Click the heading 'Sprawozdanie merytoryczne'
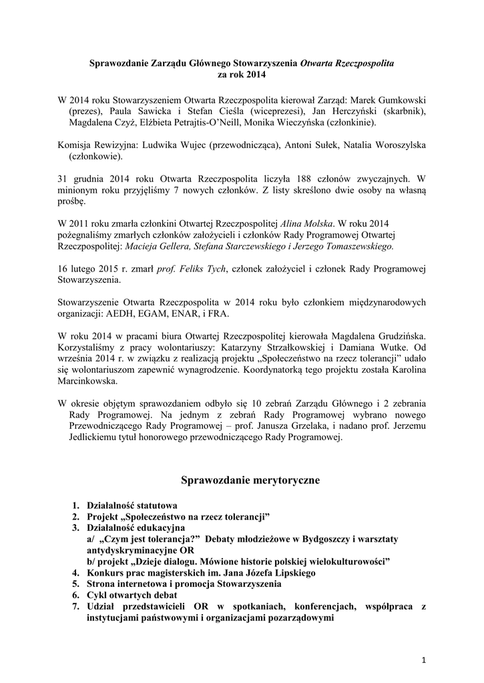coord(242,480)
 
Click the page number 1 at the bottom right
coord(424,660)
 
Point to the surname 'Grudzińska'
coord(397,335)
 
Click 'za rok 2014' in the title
coord(242,74)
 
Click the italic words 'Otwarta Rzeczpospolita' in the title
coord(347,63)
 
